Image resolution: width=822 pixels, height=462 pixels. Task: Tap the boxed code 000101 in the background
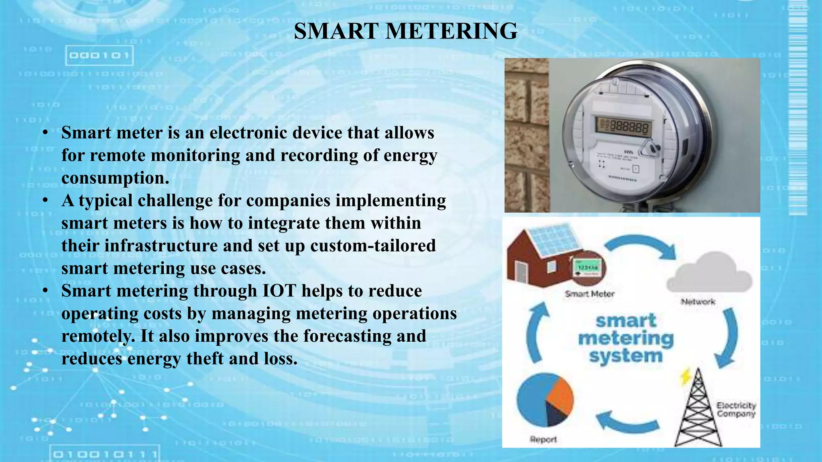point(99,55)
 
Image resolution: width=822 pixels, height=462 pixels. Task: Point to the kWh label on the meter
point(629,152)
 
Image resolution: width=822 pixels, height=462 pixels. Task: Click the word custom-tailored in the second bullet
point(373,245)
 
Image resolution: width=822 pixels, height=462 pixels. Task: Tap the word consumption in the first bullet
point(115,178)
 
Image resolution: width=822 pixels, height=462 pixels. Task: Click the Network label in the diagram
point(698,302)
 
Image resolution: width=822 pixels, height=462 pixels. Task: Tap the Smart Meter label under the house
point(589,294)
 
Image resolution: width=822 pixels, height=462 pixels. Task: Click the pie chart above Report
point(545,399)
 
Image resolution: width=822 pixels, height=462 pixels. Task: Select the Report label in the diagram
point(543,440)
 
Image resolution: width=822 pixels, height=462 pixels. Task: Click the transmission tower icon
point(698,409)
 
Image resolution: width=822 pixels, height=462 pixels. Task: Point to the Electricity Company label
point(736,409)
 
